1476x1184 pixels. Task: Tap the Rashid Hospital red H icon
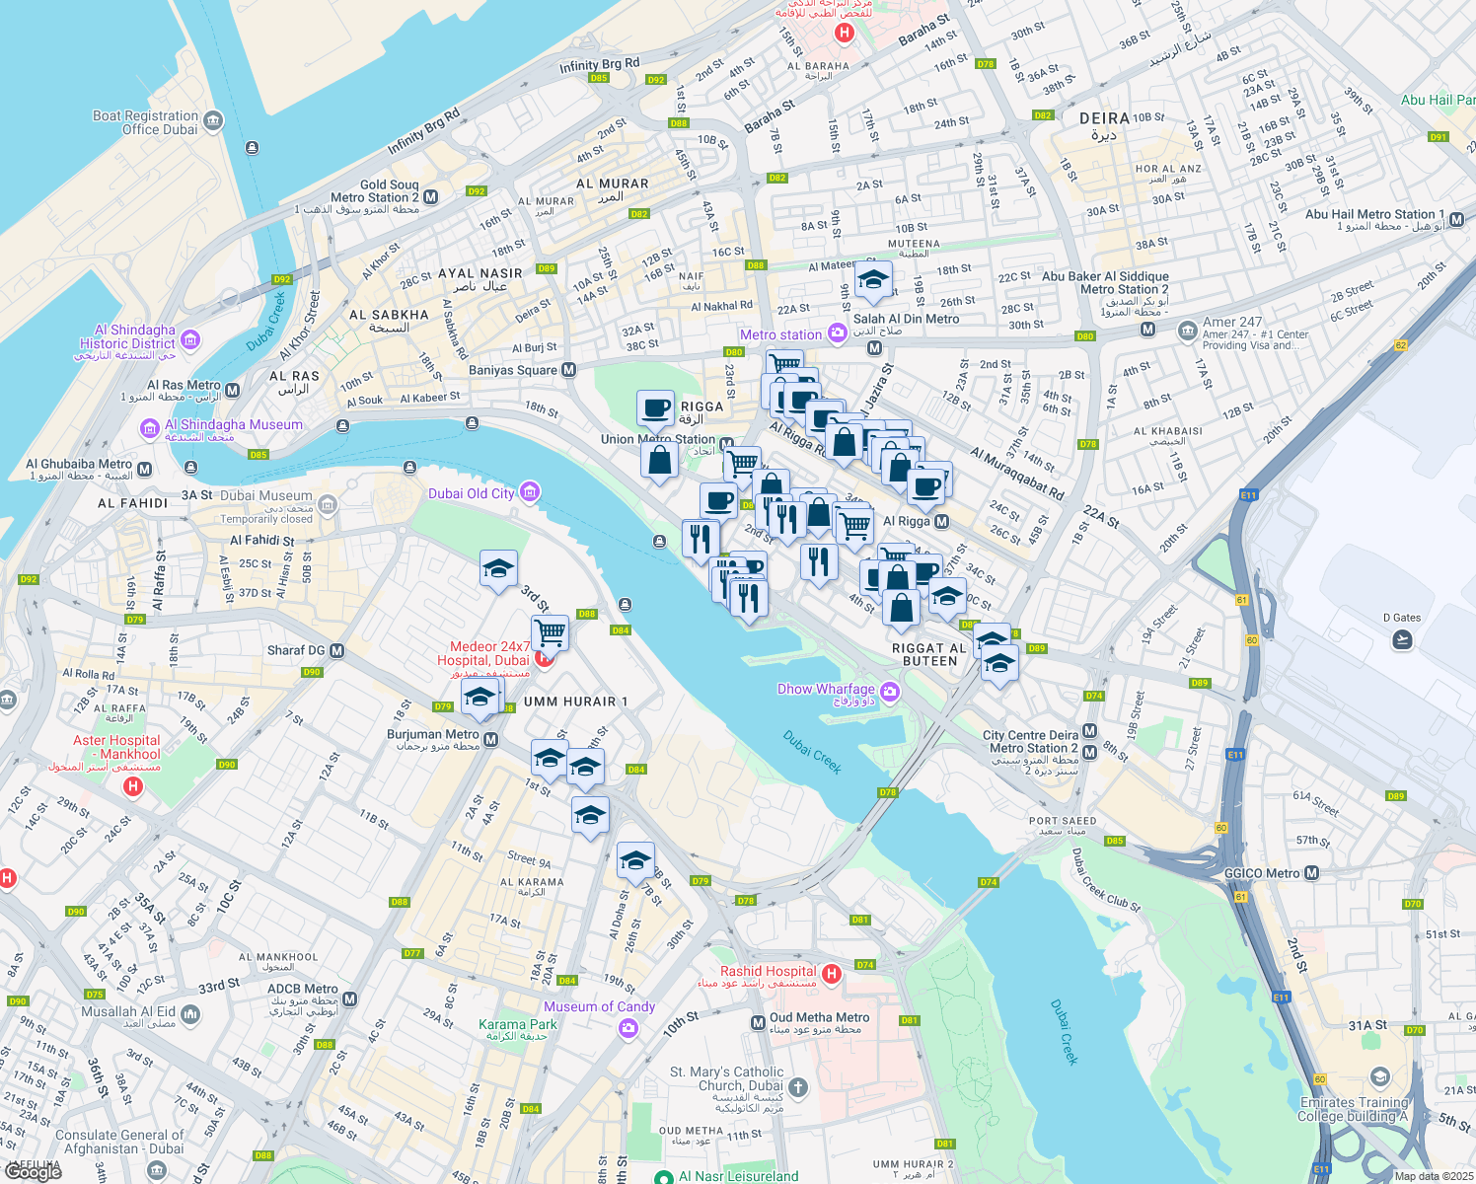click(832, 975)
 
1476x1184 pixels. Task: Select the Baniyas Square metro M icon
click(568, 370)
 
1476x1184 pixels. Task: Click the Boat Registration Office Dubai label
click(146, 122)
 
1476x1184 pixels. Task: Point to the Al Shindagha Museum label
click(234, 425)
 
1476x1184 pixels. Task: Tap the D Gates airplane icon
click(1402, 640)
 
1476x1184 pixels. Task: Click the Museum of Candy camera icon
click(628, 1029)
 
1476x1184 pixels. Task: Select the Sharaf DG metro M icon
click(337, 651)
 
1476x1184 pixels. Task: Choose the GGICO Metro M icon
click(1311, 873)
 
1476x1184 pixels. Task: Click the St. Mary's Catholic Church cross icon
click(798, 1087)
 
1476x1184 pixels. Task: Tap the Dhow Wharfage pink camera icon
click(891, 692)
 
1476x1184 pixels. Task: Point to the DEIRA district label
click(1104, 118)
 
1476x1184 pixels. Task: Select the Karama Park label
click(518, 1025)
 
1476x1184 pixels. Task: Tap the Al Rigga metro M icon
click(941, 521)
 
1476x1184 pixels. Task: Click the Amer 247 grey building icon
click(1188, 331)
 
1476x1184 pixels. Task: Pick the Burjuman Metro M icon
click(491, 740)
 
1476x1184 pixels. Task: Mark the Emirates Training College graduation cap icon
click(1380, 1076)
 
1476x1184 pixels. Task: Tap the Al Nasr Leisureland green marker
click(665, 1176)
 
